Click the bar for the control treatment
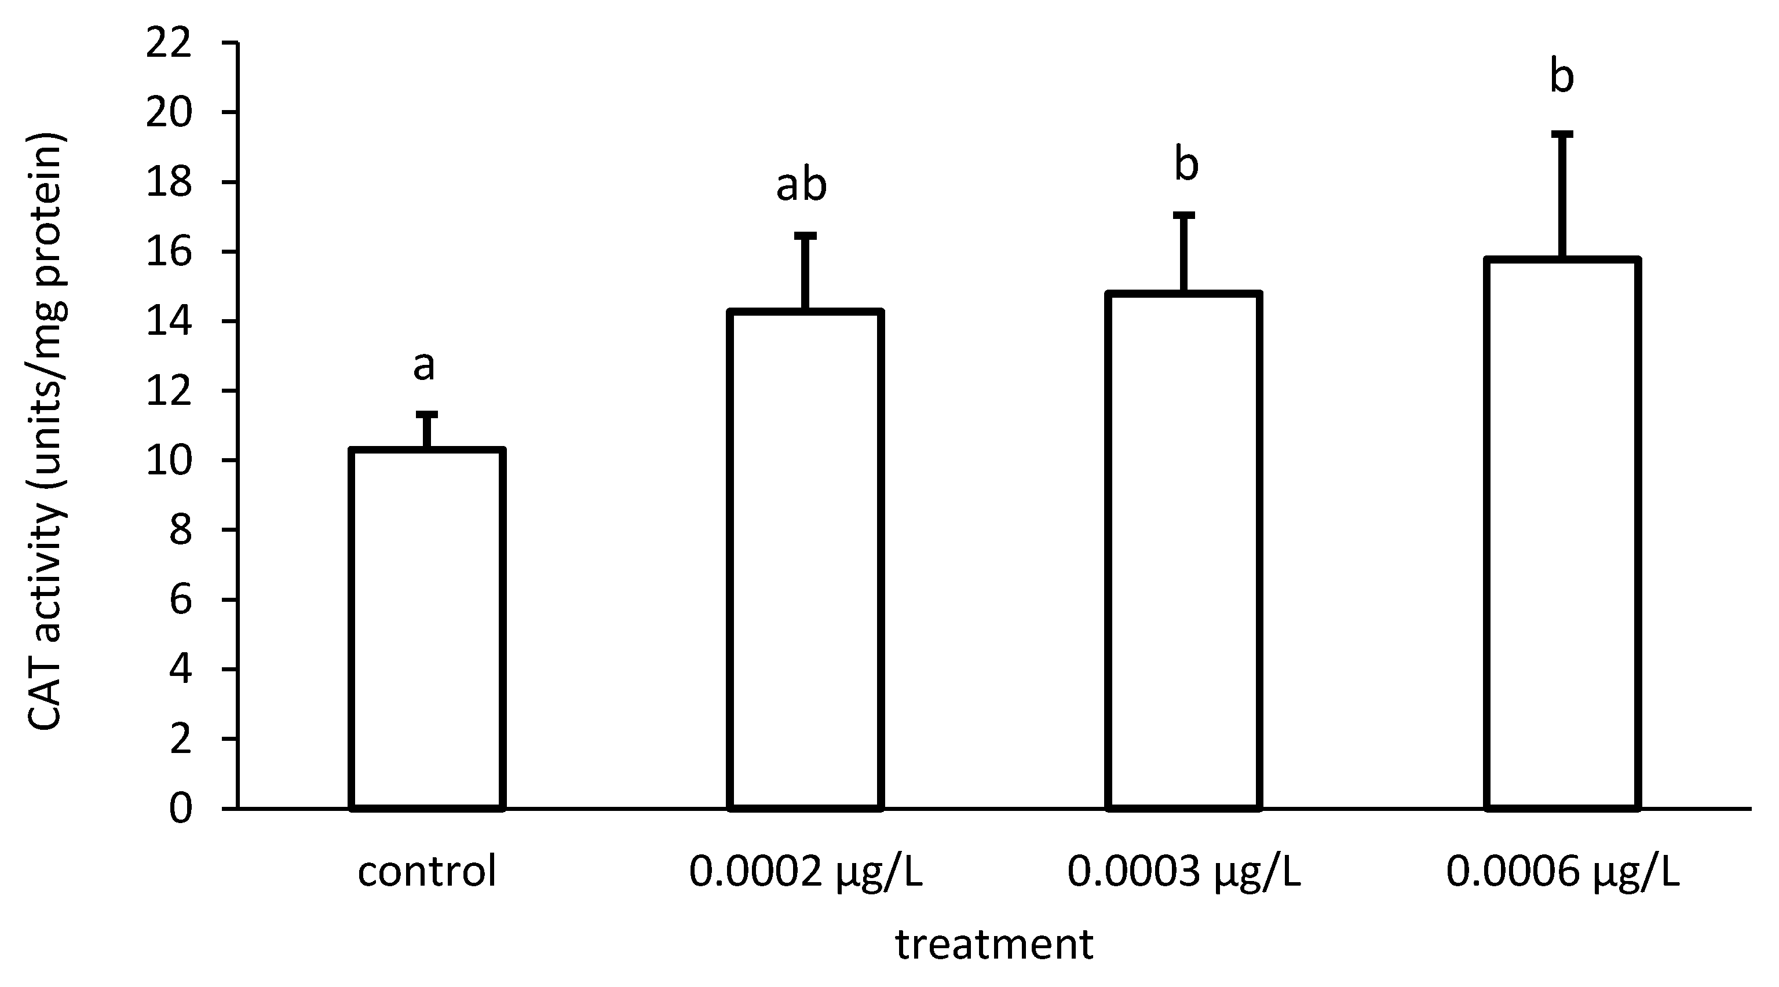tap(428, 628)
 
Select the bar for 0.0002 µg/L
tap(806, 560)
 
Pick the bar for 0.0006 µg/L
tap(1562, 533)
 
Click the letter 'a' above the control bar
tap(423, 366)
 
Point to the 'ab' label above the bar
tap(801, 185)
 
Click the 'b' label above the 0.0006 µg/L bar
tap(1561, 76)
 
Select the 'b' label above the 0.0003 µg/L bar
tap(1186, 164)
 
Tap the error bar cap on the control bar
tap(427, 414)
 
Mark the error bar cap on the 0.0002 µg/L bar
tap(805, 236)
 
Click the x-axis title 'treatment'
tap(995, 945)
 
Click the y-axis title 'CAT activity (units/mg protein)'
tap(46, 431)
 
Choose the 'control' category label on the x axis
tap(427, 872)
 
